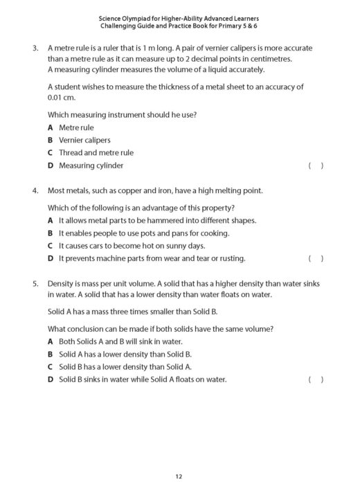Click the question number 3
[x=35, y=48]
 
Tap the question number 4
[x=35, y=190]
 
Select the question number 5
[x=35, y=285]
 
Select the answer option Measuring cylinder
[x=91, y=165]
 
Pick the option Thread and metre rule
[x=96, y=153]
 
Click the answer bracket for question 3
[x=316, y=166]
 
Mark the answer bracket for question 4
[x=316, y=259]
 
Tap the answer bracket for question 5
[x=316, y=379]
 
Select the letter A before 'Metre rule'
[x=51, y=128]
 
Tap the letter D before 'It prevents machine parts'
[x=51, y=259]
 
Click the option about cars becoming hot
[x=132, y=246]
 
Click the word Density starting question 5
[x=61, y=285]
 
